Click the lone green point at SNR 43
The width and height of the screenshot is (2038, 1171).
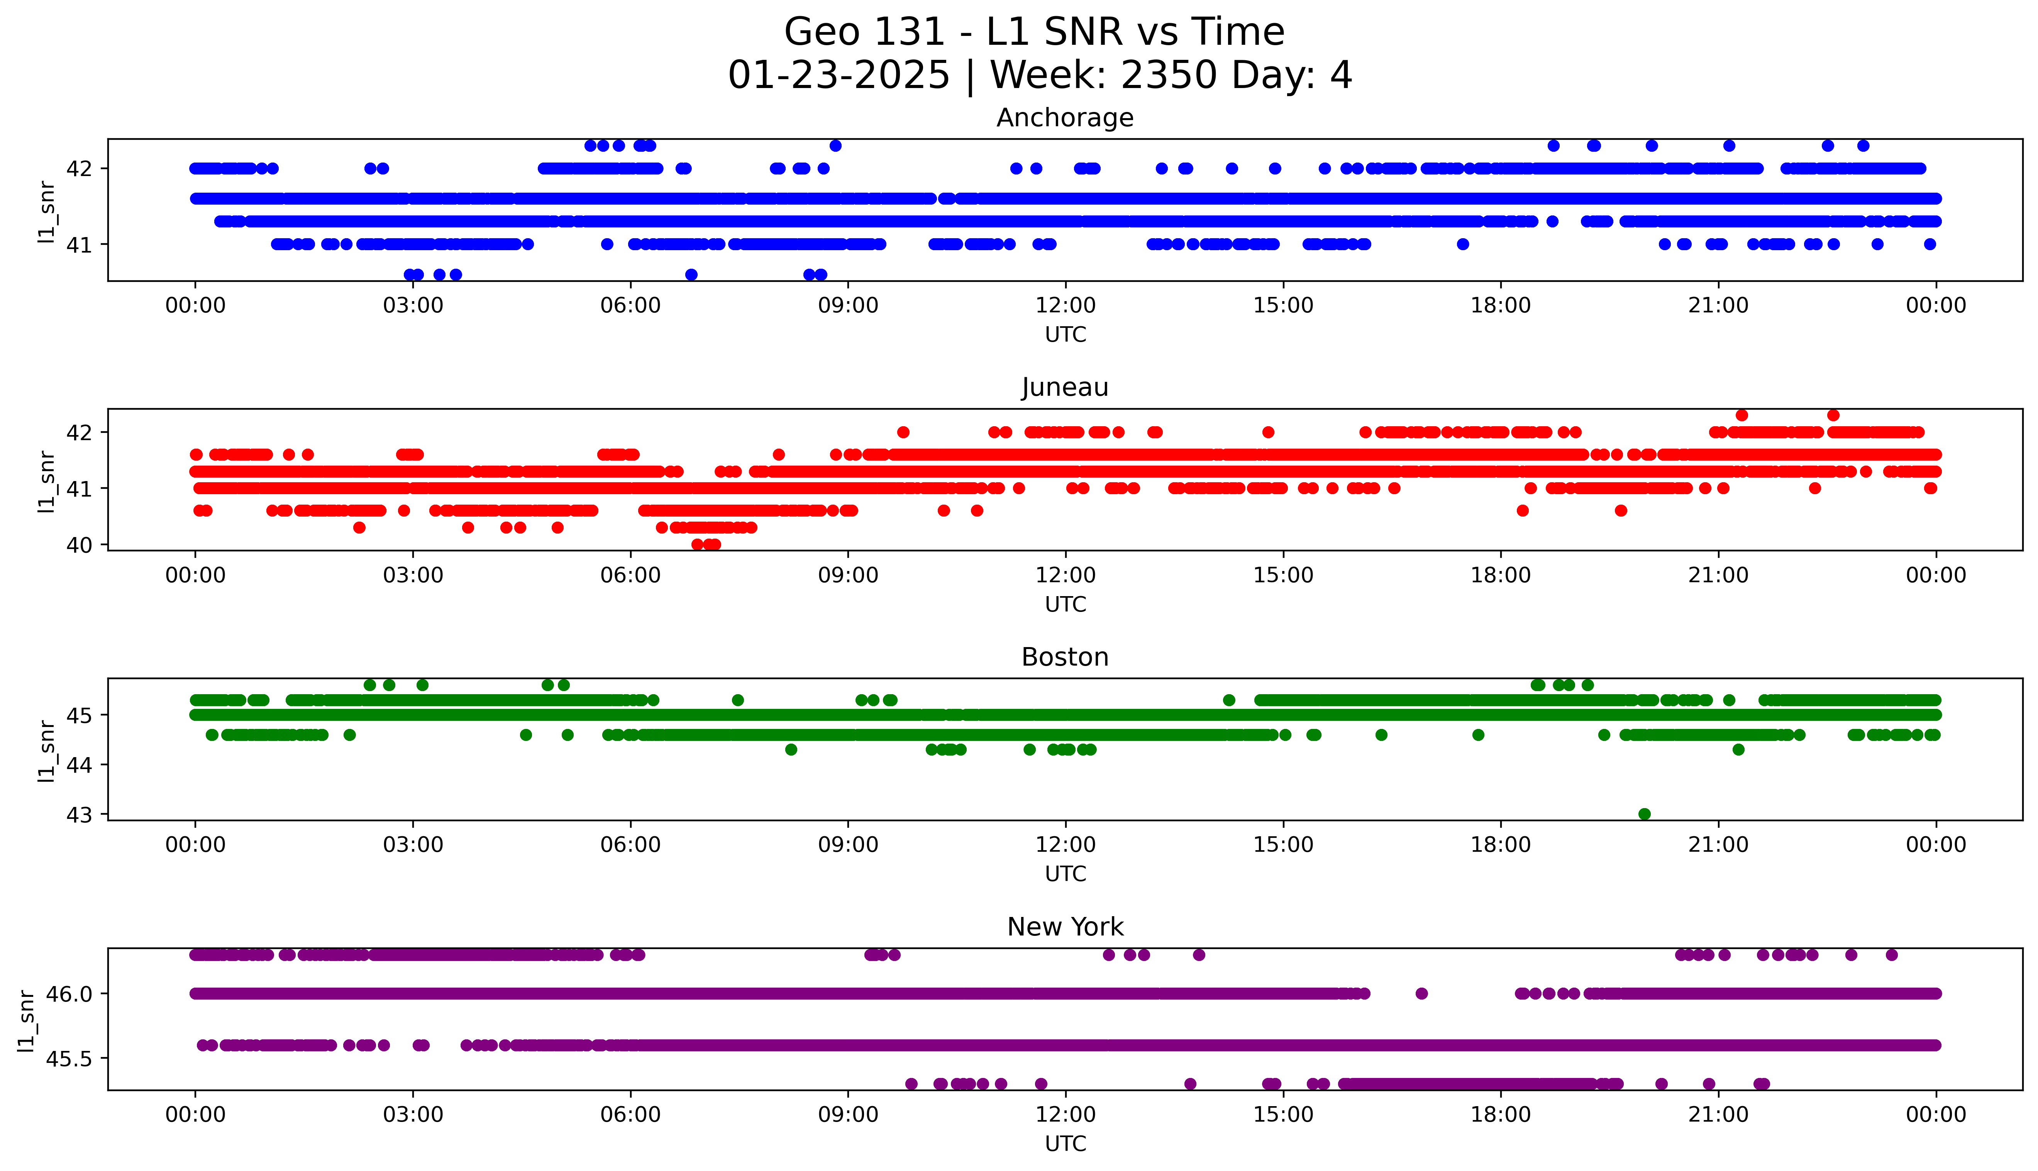1644,814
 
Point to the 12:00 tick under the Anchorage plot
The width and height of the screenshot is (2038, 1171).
1065,306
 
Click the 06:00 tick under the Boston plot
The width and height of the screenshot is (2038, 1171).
630,844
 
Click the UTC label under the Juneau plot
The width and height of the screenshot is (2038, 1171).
1065,604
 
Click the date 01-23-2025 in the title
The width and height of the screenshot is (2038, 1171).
839,76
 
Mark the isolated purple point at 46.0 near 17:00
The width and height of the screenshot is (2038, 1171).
1421,993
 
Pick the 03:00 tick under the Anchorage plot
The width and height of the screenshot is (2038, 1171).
413,306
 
